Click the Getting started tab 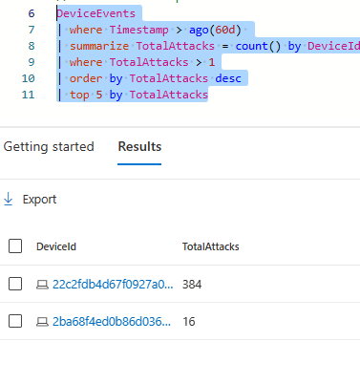[49, 147]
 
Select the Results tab [139, 147]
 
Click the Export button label [39, 200]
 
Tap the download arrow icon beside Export [10, 200]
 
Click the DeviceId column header [56, 246]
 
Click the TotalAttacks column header [210, 246]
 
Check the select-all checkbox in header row [14, 246]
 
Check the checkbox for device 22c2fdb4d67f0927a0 [14, 284]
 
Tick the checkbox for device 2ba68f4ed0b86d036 [14, 321]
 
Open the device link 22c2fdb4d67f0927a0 [113, 284]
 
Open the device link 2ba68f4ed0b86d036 [113, 321]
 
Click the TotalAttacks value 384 [192, 284]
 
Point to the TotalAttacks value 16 [188, 321]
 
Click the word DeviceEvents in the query [95, 13]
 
